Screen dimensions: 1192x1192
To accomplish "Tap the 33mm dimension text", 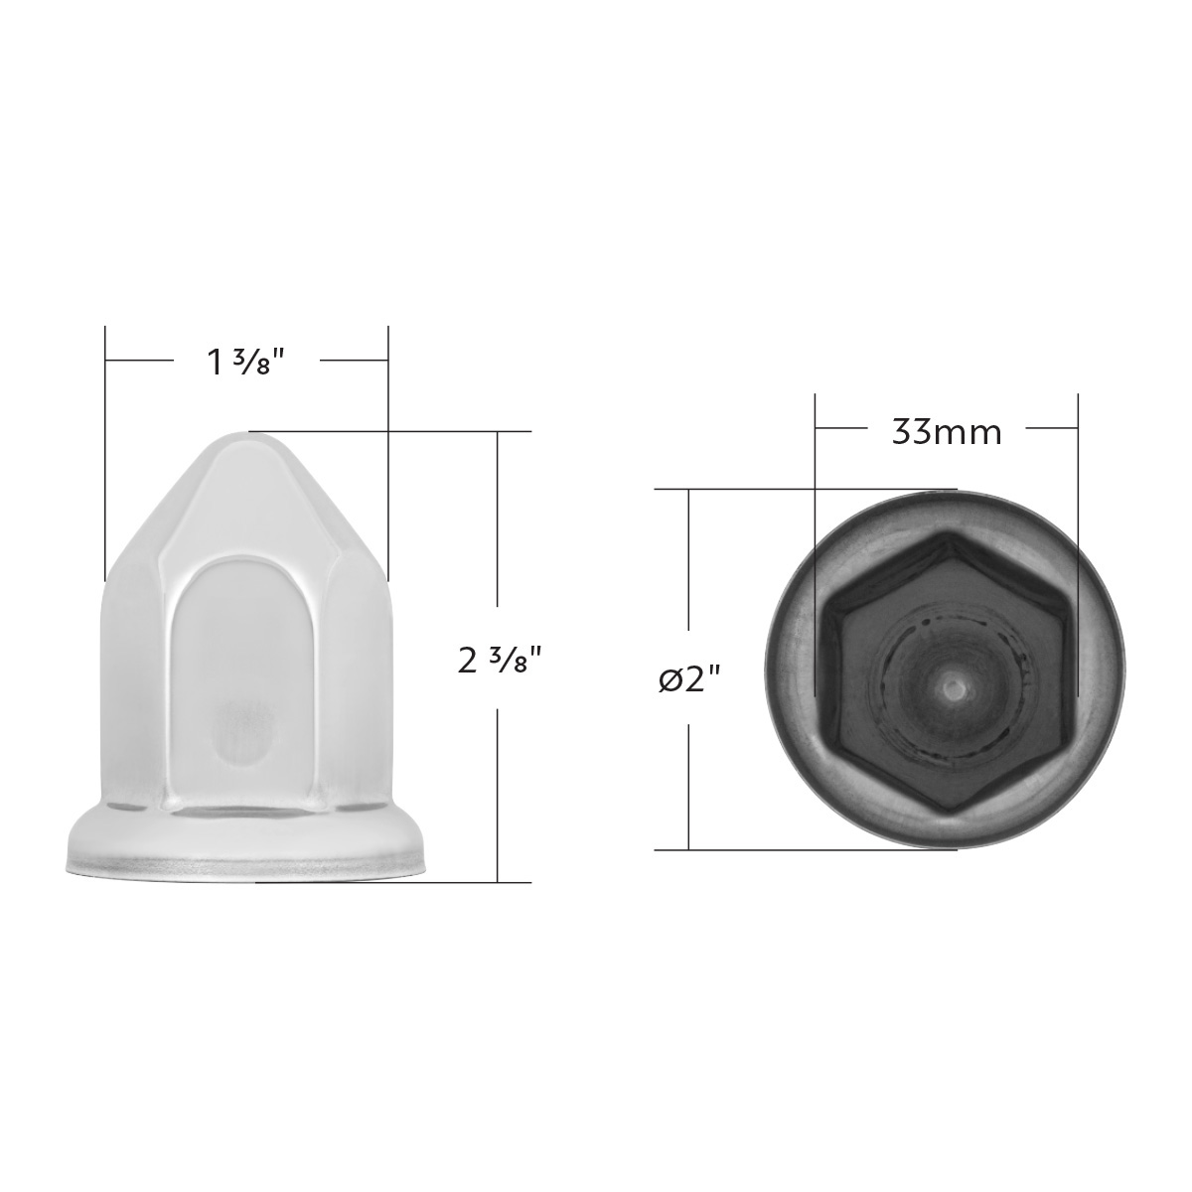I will pyautogui.click(x=946, y=432).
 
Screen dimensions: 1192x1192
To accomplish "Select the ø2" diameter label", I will pyautogui.click(x=688, y=679).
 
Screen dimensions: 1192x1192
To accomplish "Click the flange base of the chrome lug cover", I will pyautogui.click(x=248, y=854).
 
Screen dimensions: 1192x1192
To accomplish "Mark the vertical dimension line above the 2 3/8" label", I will pyautogui.click(x=498, y=526).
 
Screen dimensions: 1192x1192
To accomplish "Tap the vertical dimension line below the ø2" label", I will pyautogui.click(x=688, y=785).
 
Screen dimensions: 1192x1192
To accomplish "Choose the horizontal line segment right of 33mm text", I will pyautogui.click(x=1051, y=428).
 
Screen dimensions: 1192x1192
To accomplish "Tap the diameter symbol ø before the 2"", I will pyautogui.click(x=669, y=680).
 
